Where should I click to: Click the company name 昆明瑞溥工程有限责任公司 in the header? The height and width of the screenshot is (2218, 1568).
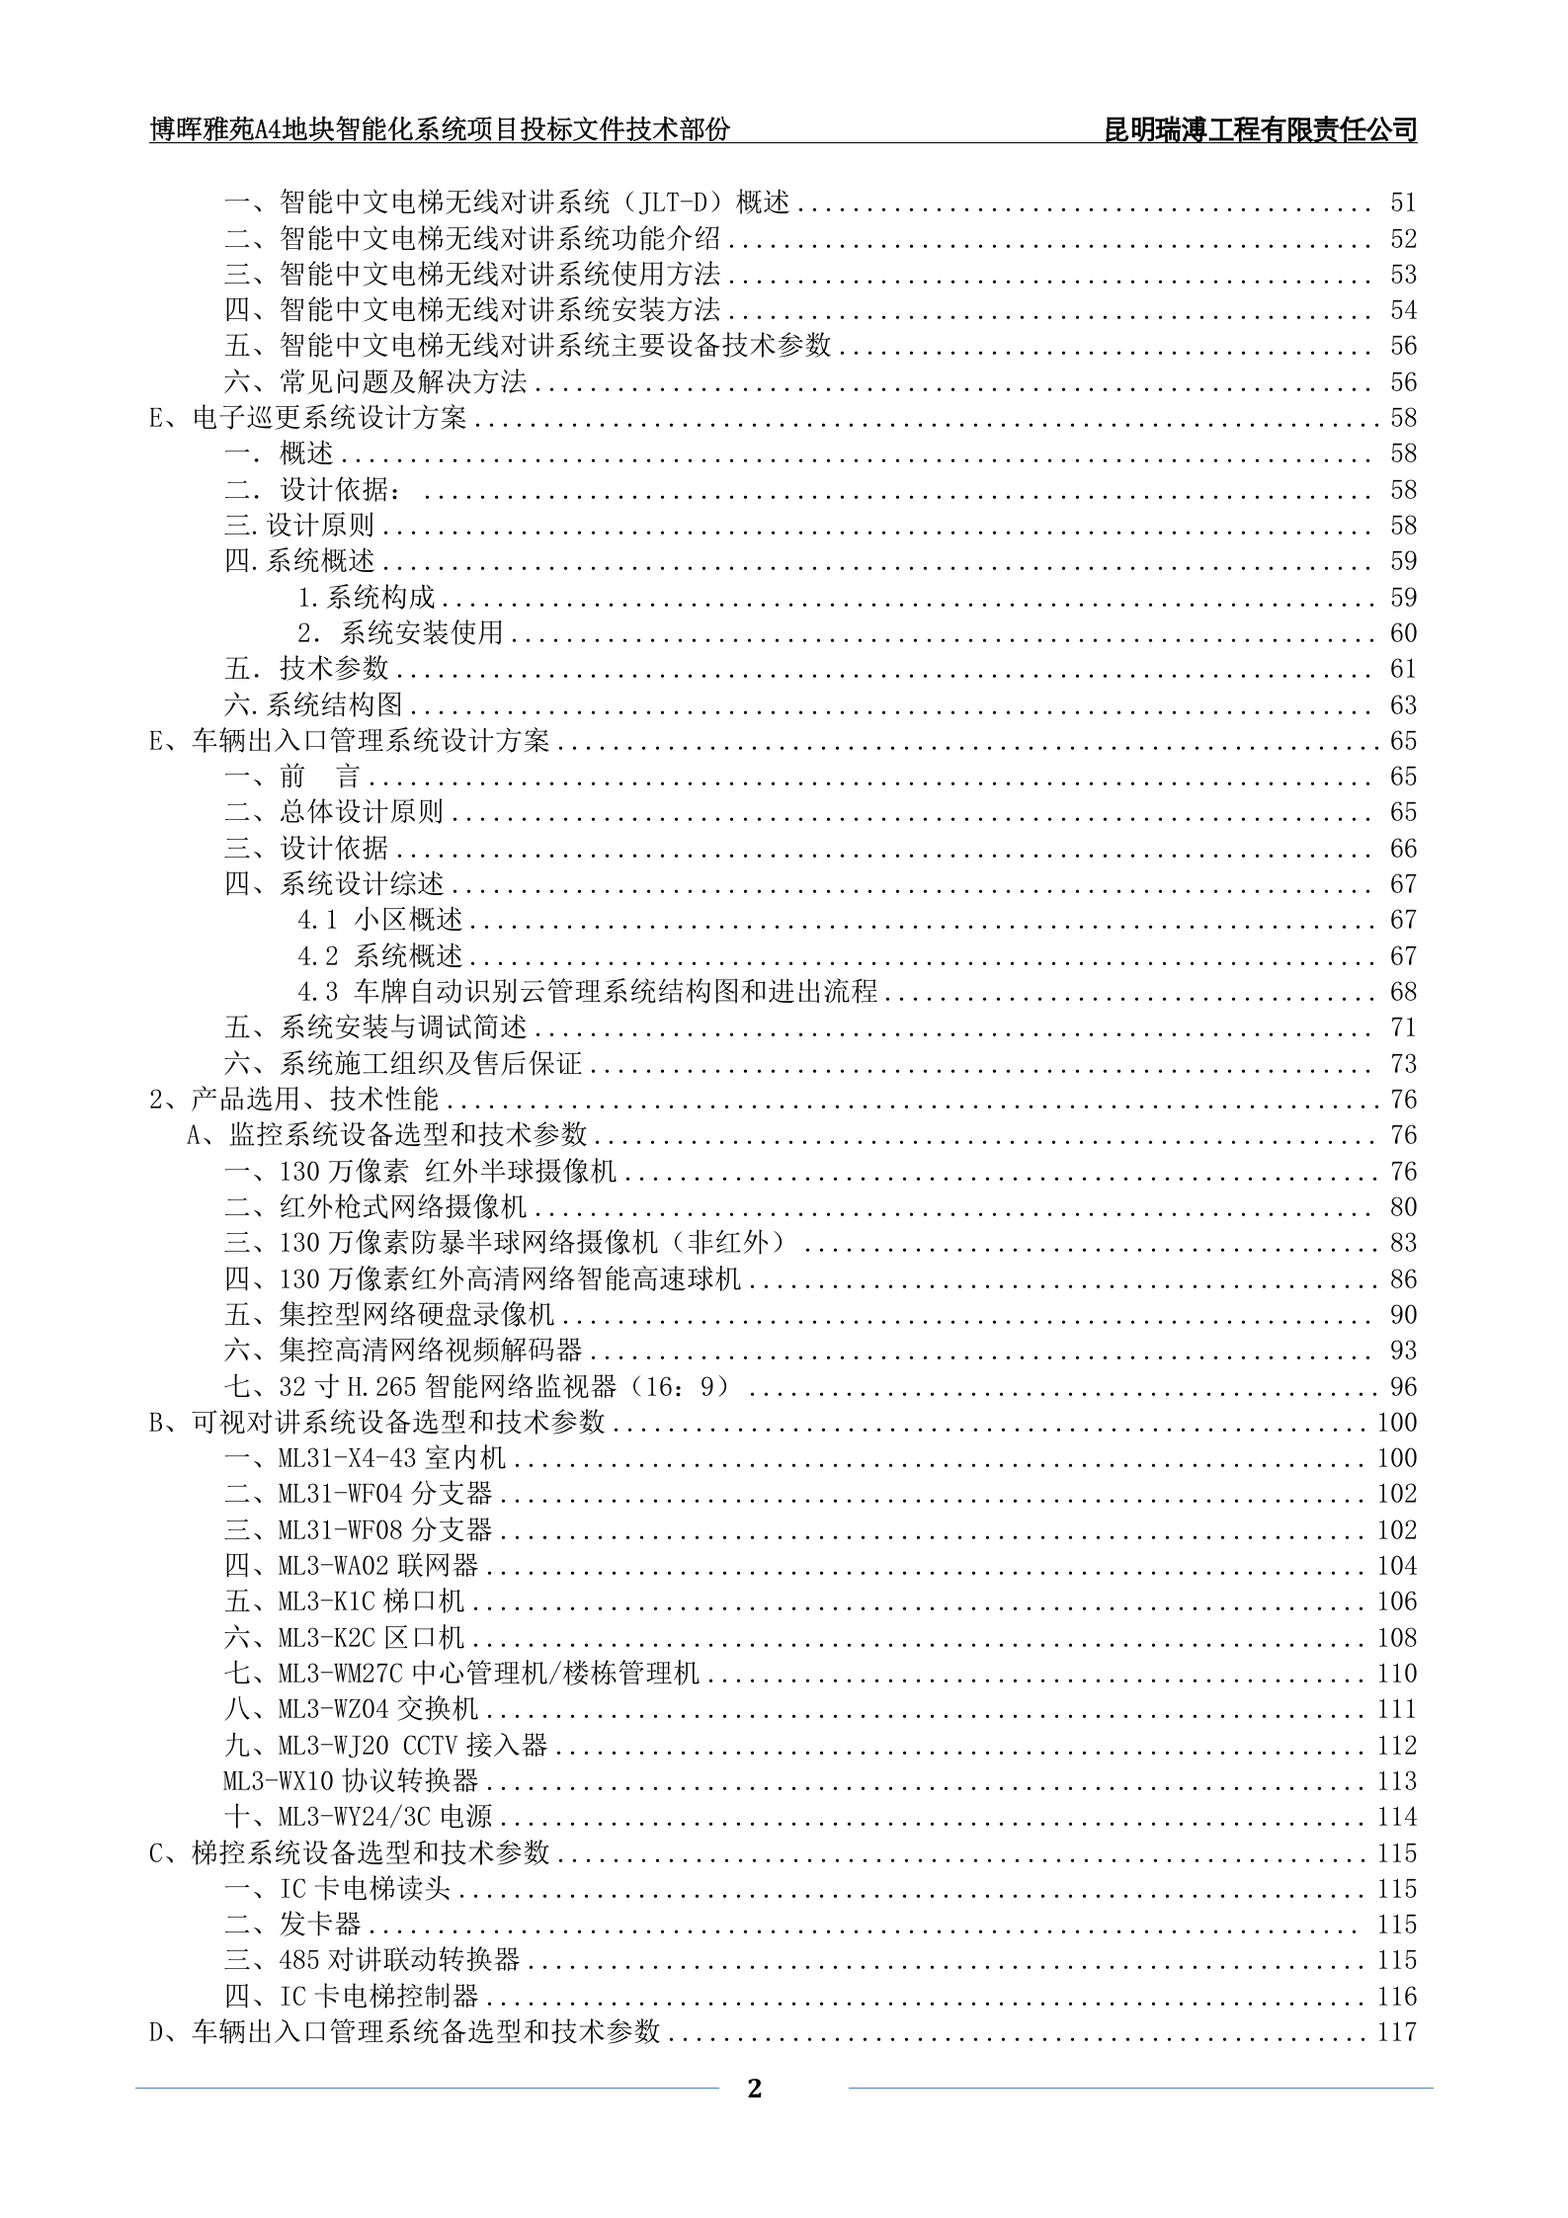click(1260, 130)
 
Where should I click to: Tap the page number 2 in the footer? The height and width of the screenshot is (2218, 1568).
click(755, 2089)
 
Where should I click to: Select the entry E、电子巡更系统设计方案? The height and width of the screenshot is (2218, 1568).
click(308, 418)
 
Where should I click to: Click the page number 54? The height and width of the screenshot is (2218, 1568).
click(1403, 310)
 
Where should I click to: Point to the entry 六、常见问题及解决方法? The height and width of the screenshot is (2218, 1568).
click(375, 382)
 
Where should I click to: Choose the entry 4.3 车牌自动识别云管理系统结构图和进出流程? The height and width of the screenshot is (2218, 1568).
click(588, 991)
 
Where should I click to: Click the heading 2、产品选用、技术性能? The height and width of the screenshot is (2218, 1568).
click(294, 1099)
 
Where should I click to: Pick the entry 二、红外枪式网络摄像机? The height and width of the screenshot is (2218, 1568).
click(375, 1206)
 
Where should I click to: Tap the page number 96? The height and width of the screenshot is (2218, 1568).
click(1403, 1386)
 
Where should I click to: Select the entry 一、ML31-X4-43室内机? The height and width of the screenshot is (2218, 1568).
click(365, 1457)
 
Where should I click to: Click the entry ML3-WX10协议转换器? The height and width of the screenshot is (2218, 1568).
click(351, 1780)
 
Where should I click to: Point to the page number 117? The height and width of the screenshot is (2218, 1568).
click(1397, 2031)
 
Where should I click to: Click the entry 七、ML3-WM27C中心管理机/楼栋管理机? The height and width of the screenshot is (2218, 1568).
click(461, 1673)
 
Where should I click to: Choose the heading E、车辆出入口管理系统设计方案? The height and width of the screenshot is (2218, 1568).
click(350, 741)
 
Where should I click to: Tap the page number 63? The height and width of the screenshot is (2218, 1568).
click(1403, 705)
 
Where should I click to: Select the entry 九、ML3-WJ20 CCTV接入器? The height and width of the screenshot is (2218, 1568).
click(385, 1745)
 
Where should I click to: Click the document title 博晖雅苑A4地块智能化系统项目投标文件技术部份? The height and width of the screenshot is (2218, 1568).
click(440, 130)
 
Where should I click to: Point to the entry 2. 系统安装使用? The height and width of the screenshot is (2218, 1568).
click(401, 633)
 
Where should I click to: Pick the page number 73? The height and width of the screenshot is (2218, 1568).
click(1403, 1064)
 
